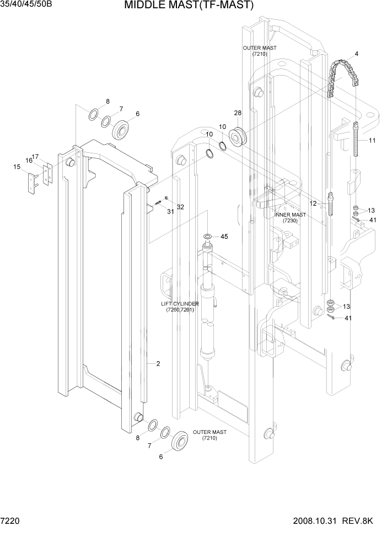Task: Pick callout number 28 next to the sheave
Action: coord(238,113)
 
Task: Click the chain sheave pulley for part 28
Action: coord(240,136)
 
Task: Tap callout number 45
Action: coord(224,237)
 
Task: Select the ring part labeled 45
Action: coord(208,237)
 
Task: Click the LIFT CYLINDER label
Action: coord(180,307)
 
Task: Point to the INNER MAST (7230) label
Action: coord(290,218)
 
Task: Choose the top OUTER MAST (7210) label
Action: coord(260,51)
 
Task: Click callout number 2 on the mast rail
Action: coord(158,363)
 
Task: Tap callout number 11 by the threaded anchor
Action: coord(372,141)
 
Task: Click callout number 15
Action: coord(17,167)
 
